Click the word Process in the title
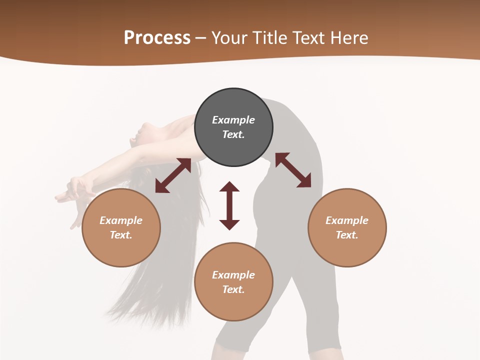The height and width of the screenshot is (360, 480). [157, 37]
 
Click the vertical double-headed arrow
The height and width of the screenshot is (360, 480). [229, 205]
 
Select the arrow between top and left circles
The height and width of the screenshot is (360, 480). [173, 175]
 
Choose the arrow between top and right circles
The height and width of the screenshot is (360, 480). [293, 170]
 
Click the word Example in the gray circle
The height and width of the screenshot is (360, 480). [233, 120]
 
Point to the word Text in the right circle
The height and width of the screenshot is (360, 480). [347, 235]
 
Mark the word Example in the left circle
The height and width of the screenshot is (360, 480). [121, 220]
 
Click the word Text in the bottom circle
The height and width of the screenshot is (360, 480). [233, 289]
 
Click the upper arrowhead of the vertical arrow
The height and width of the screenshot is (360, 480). [229, 186]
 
